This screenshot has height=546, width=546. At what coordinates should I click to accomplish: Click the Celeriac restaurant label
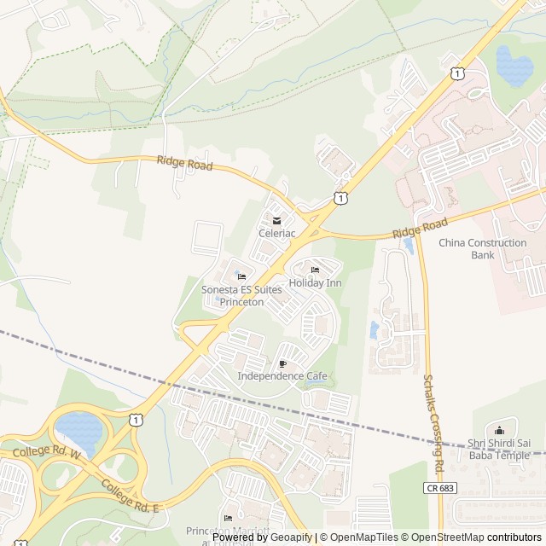[276, 232]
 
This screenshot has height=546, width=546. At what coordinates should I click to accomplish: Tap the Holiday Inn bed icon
[315, 270]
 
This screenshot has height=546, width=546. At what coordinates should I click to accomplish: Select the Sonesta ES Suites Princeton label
[241, 295]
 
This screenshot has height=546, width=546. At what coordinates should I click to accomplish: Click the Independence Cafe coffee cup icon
[282, 363]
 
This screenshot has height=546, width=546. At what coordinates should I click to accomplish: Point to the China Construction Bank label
[483, 248]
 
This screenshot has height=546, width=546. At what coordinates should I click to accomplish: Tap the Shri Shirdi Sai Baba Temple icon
[500, 431]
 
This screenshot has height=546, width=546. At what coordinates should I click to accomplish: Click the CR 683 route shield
[437, 487]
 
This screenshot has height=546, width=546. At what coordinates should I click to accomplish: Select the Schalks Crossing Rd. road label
[432, 423]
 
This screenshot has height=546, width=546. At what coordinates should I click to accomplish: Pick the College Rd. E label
[131, 496]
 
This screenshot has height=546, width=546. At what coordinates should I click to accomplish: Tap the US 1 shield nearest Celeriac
[341, 198]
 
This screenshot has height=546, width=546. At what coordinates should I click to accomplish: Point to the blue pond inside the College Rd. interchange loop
[78, 425]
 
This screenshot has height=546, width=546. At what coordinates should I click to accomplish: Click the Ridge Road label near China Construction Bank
[420, 229]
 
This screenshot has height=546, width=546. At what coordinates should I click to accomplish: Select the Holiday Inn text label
[315, 282]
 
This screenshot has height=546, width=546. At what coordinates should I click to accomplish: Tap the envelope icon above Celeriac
[276, 220]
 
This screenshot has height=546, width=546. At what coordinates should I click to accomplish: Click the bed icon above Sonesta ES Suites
[241, 276]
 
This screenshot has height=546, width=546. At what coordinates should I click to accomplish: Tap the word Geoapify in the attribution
[292, 537]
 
